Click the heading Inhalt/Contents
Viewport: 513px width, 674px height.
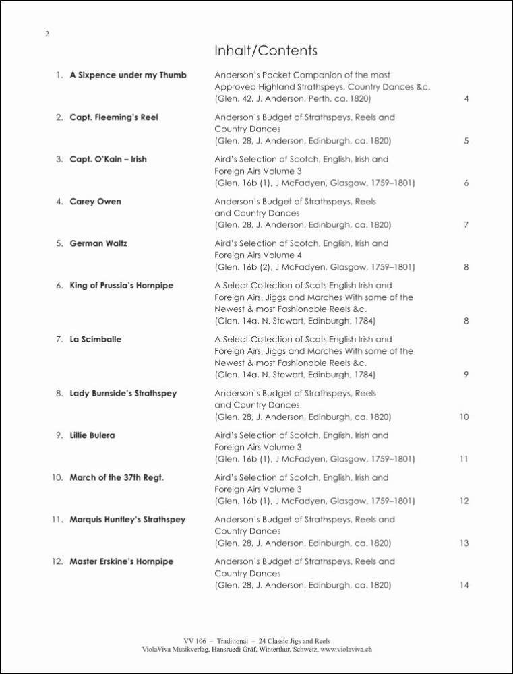point(266,51)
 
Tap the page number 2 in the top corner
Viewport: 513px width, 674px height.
point(47,34)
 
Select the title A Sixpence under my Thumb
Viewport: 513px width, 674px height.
point(128,75)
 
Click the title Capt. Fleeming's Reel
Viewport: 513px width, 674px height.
point(114,117)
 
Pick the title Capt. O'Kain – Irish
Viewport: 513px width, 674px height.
point(108,159)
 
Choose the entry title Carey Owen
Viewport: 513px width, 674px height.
point(96,201)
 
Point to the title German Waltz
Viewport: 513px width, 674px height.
point(98,243)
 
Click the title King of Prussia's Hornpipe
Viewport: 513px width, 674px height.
point(121,285)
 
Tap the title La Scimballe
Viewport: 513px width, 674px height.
point(96,339)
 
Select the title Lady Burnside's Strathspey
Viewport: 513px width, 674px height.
point(123,393)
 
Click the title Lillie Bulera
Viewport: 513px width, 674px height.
point(92,435)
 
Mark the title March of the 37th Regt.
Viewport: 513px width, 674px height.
point(117,477)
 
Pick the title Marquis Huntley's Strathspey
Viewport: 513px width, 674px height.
point(127,520)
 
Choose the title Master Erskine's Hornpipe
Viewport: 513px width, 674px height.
point(121,561)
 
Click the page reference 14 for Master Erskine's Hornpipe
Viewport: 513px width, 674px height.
point(464,586)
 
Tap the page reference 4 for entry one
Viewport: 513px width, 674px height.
point(466,100)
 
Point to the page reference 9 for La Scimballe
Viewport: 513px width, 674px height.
point(466,375)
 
